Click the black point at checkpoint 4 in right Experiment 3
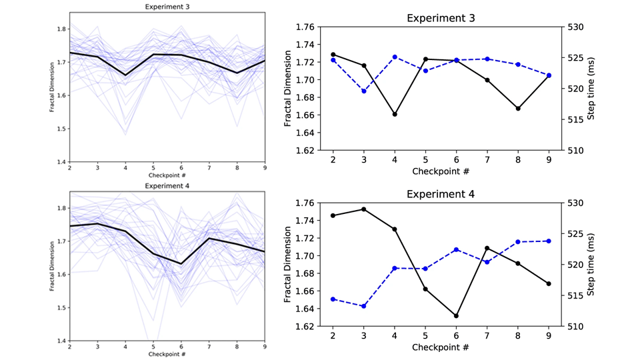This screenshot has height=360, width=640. pos(395,114)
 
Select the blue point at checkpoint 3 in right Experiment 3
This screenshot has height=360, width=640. pos(364,91)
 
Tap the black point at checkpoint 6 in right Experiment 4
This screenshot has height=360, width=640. pos(456,315)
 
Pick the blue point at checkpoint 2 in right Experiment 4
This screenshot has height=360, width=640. pos(333,299)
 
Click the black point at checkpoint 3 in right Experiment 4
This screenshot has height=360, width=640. pos(364,209)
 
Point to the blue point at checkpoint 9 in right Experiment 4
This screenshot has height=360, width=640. pos(549,241)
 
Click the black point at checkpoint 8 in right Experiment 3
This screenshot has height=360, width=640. pos(518,108)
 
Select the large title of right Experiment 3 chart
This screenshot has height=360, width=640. pos(441,17)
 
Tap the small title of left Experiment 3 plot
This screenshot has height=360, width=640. pos(167,7)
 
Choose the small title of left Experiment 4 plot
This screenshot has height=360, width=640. pos(167,185)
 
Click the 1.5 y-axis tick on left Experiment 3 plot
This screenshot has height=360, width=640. pos(60,129)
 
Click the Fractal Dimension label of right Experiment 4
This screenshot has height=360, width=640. pos(288,265)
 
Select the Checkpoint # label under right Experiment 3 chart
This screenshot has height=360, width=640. pos(441,172)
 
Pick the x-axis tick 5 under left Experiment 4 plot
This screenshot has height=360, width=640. pos(153,347)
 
